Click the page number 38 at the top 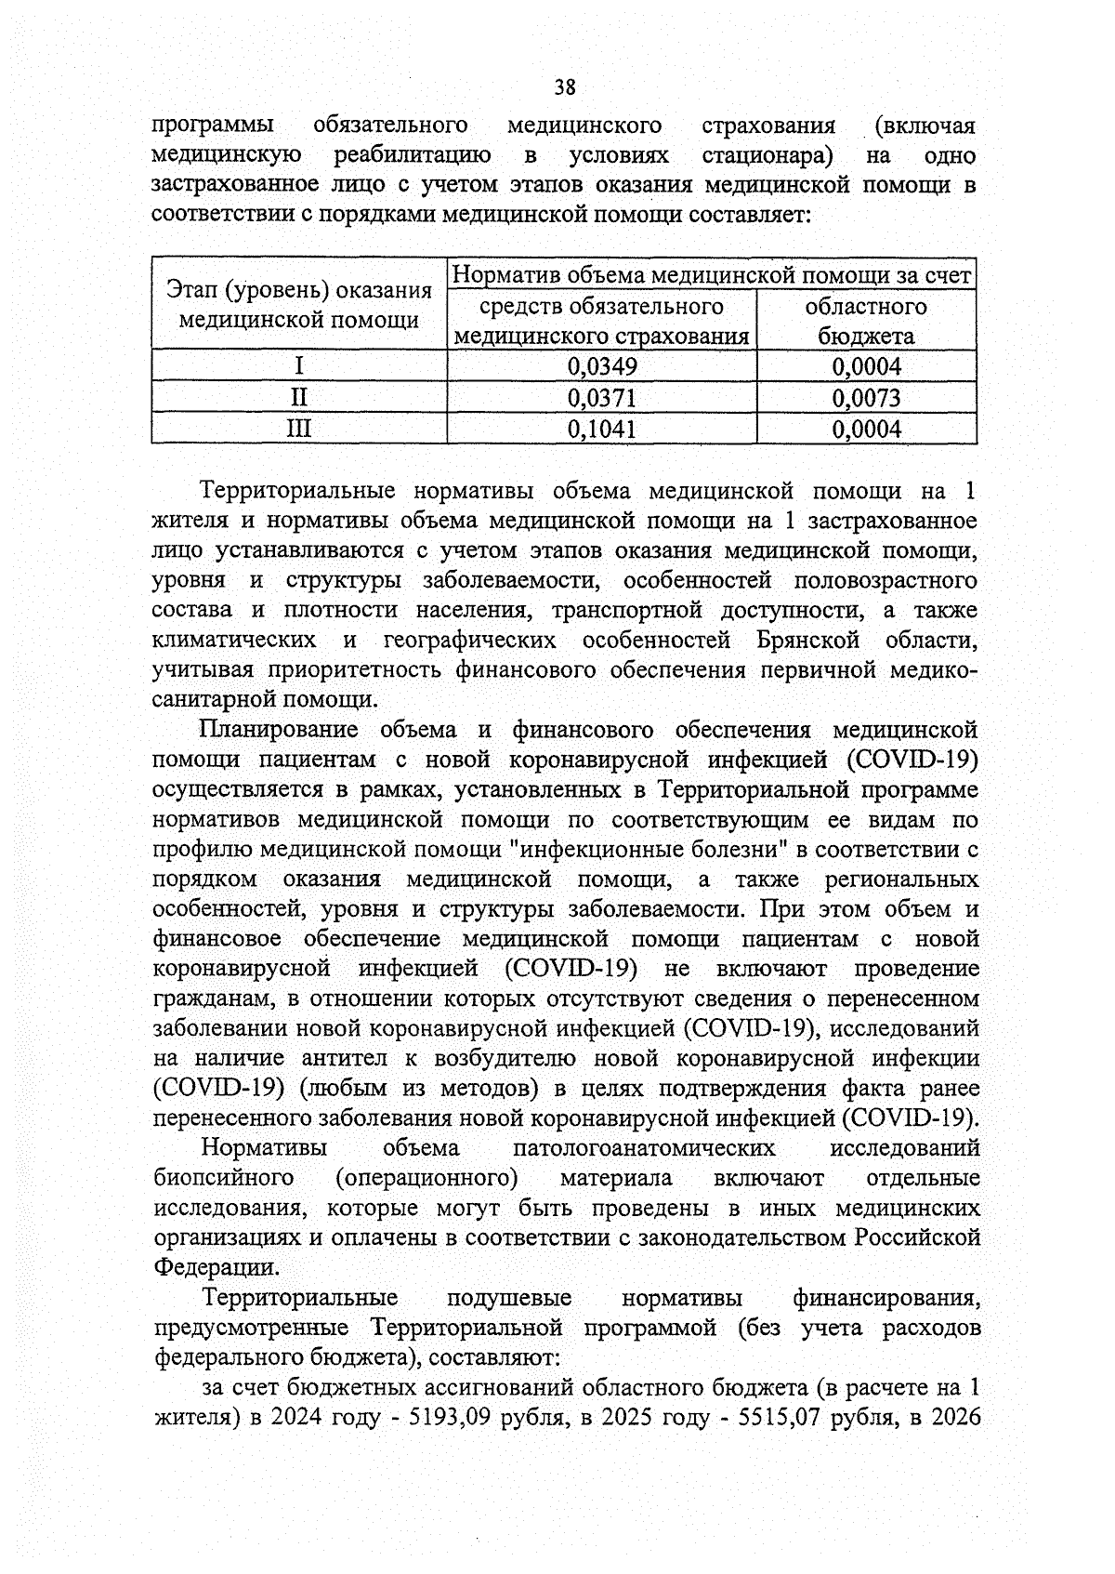(565, 87)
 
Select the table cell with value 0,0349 (602, 367)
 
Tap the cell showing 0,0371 (602, 399)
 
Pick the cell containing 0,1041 (602, 430)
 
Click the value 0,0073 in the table (866, 399)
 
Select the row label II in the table (298, 399)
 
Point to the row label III (298, 430)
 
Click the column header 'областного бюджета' (866, 321)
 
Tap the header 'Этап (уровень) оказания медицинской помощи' (298, 306)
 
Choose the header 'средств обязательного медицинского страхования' (602, 321)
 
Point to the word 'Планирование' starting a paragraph (280, 730)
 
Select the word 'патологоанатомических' (643, 1148)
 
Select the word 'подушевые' (509, 1297)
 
